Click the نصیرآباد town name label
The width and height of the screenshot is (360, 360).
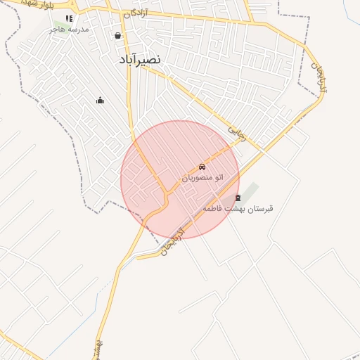pyautogui.click(x=141, y=60)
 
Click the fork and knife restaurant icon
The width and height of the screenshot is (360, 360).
pyautogui.click(x=69, y=19)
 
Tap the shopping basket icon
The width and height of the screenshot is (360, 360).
pyautogui.click(x=117, y=35)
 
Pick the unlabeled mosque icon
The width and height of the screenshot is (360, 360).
pyautogui.click(x=100, y=101)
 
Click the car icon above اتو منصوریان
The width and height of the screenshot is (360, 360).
pyautogui.click(x=202, y=167)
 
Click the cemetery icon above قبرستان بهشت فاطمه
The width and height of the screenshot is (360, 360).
pyautogui.click(x=238, y=198)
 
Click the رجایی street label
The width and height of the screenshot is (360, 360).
pyautogui.click(x=238, y=133)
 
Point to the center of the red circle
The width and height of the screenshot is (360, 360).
pyautogui.click(x=180, y=180)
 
